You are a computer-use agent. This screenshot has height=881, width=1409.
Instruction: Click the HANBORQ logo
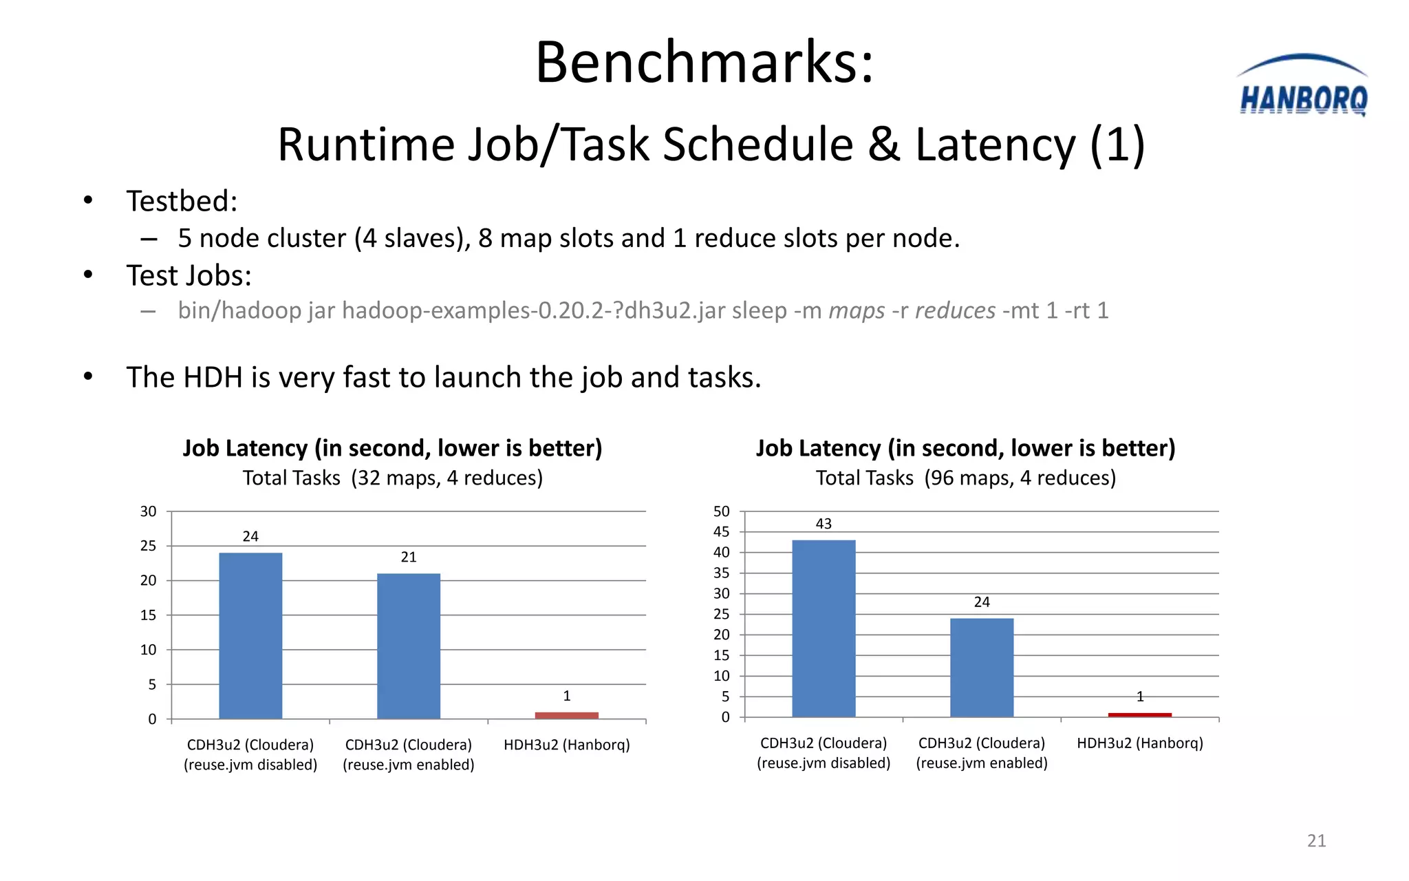[x=1302, y=88]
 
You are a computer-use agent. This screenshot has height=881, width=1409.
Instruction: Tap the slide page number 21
[x=1316, y=840]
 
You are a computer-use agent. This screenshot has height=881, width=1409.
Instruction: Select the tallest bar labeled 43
[x=824, y=628]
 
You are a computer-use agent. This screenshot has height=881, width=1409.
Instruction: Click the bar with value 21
[x=409, y=646]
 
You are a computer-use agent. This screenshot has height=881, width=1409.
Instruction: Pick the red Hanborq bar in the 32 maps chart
[x=566, y=715]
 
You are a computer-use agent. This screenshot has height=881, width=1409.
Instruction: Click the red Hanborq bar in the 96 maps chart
[x=1139, y=715]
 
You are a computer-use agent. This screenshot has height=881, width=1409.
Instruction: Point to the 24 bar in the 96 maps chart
[x=982, y=667]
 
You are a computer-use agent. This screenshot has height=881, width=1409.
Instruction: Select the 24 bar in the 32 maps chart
[x=250, y=635]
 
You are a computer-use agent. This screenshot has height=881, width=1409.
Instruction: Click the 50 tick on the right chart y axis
[x=721, y=511]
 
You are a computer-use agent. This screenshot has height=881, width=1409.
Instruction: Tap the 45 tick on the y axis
[x=721, y=531]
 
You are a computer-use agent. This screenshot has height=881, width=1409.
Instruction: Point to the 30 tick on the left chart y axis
[x=148, y=511]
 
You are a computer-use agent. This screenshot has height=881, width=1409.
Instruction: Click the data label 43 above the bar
[x=824, y=524]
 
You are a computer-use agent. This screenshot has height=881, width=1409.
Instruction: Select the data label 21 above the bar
[x=409, y=557]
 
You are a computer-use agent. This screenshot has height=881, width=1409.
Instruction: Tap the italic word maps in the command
[x=857, y=310]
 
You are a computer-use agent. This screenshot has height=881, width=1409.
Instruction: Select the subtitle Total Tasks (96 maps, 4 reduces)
[x=965, y=478]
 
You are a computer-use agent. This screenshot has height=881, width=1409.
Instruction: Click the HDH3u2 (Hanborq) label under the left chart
[x=566, y=745]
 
